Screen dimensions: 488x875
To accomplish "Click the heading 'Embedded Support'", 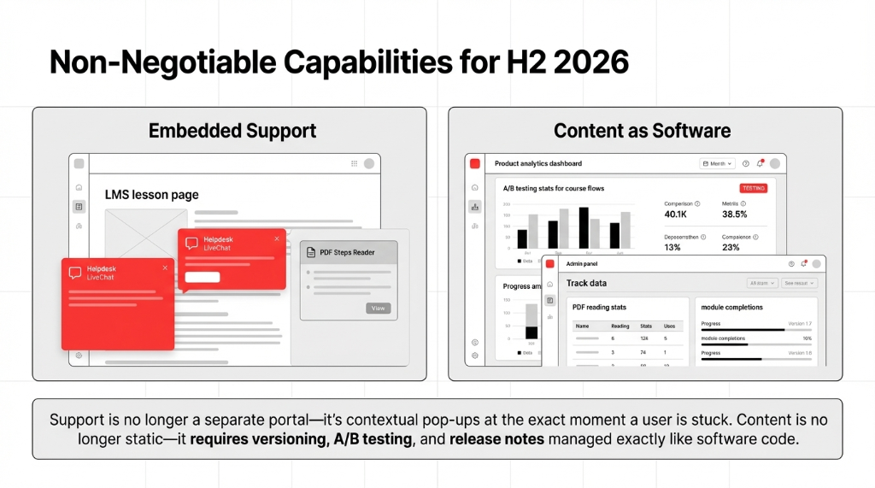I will coord(232,131).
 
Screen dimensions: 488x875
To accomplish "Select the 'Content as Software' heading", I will coord(642,131).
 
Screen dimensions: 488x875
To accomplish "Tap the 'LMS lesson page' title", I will coord(151,195).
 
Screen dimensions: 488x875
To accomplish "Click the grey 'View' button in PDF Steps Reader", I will coord(378,309).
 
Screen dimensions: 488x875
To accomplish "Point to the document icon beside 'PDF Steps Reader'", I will coord(312,253).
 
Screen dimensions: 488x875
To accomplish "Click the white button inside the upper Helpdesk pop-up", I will coord(203,277).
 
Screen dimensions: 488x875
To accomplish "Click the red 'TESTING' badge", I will coord(753,188).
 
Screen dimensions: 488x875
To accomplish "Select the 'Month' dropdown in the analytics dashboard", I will coord(716,163).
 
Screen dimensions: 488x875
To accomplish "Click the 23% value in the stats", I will coord(731,247).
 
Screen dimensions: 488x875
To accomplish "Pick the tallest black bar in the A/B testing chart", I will coord(584,227).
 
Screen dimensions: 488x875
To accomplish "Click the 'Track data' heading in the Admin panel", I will coord(586,283).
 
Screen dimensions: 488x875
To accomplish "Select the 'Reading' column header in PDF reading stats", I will coord(620,326).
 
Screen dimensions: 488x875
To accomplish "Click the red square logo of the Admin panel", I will coord(550,264).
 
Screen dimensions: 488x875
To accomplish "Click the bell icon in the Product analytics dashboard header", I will coord(760,163).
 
